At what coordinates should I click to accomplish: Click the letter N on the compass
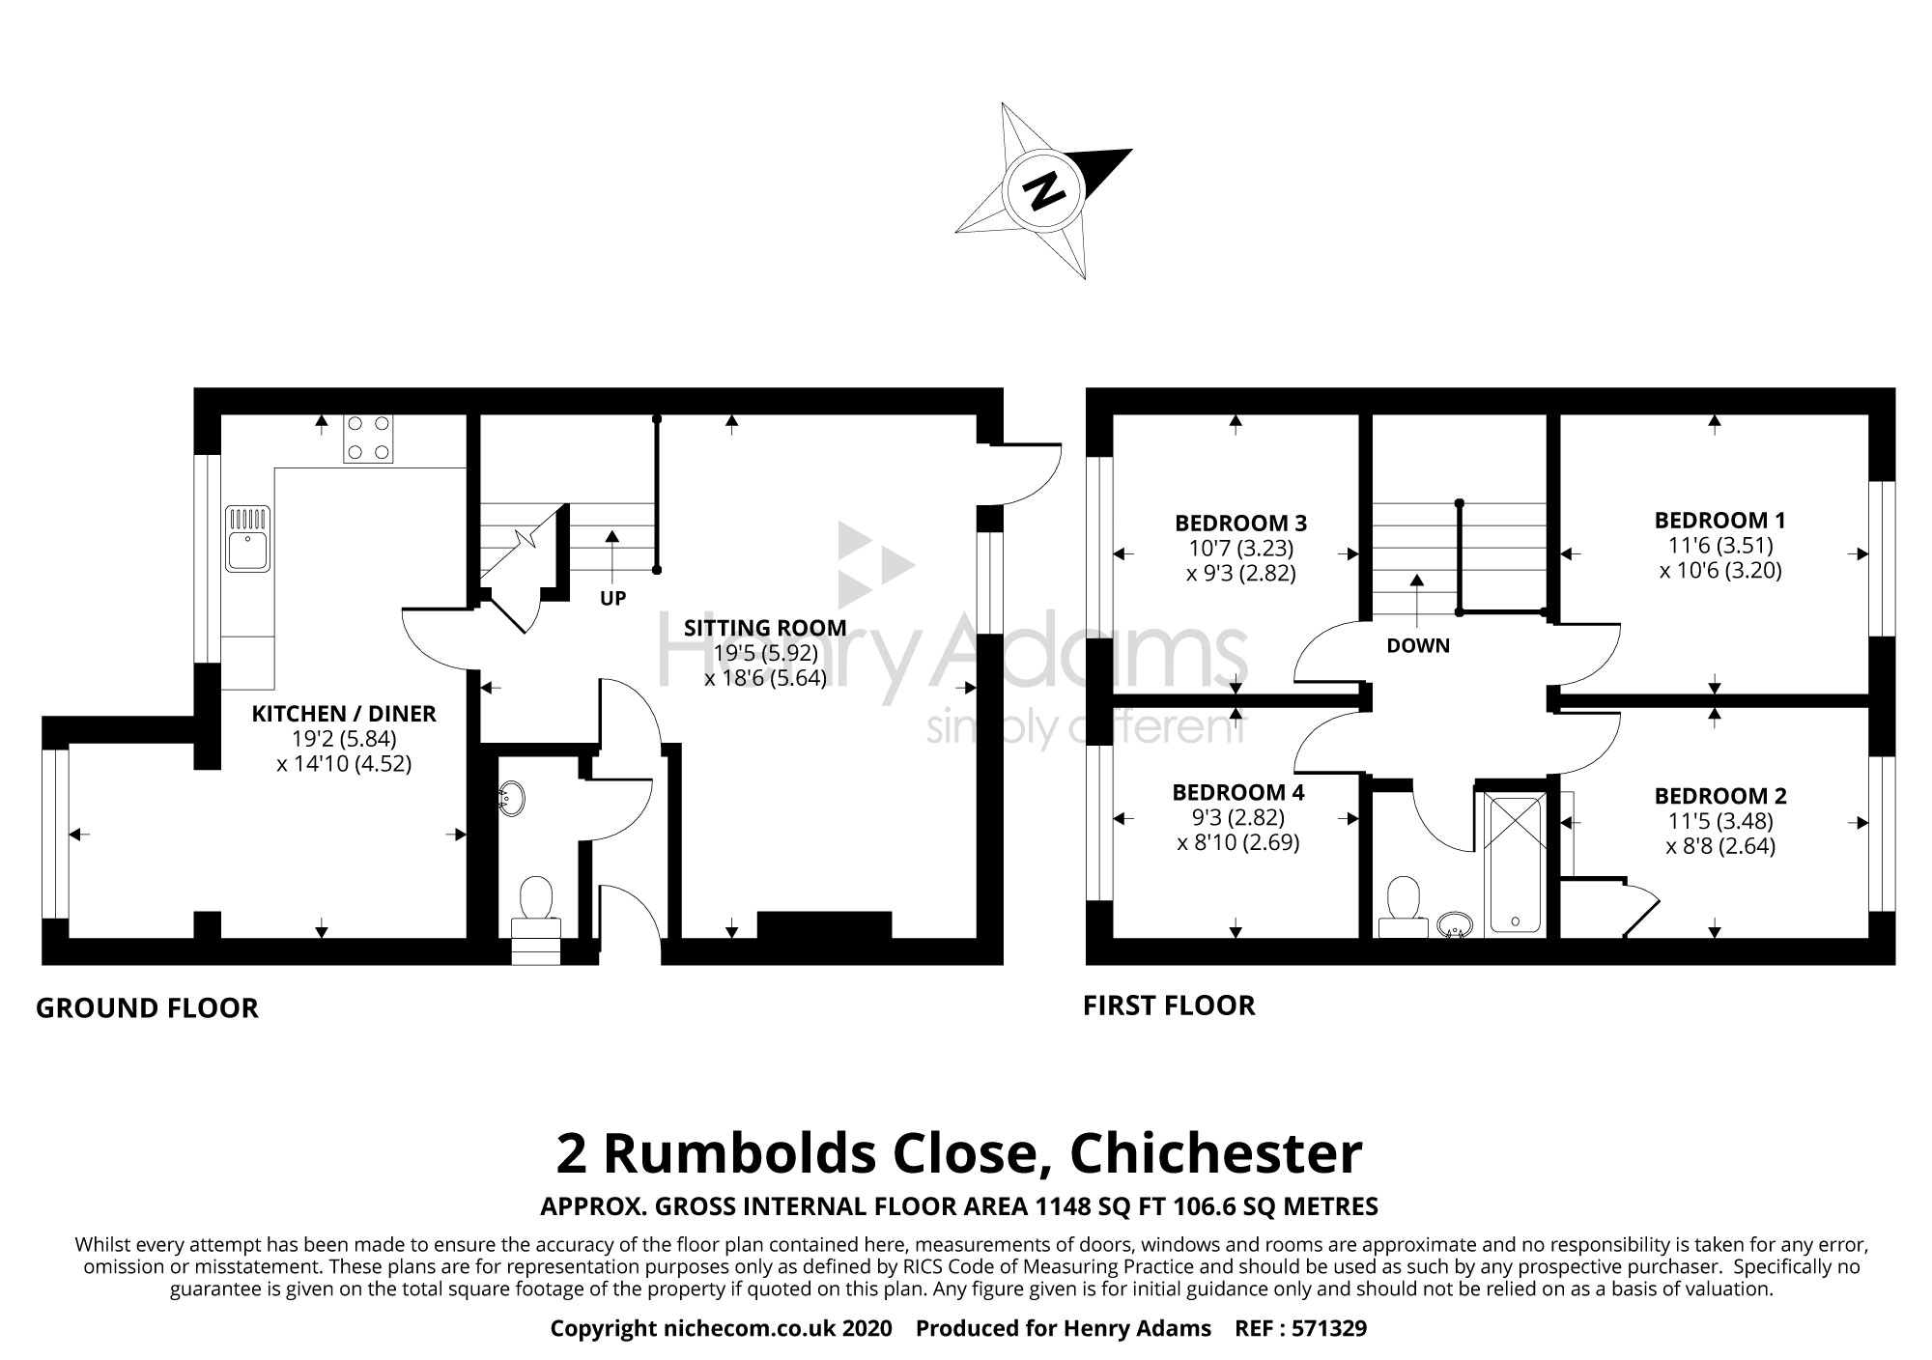pos(1041,191)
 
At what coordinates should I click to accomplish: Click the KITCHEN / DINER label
pos(344,714)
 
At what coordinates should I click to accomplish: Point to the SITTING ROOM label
pos(765,628)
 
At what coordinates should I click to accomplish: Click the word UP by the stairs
pos(612,599)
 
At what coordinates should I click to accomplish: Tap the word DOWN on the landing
pos(1418,646)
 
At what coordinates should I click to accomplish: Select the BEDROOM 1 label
pos(1719,520)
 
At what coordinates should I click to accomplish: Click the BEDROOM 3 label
pos(1240,524)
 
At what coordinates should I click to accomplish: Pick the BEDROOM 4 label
pos(1237,793)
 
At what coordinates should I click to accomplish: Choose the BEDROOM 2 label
pos(1720,796)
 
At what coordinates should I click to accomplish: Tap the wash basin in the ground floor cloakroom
pos(510,800)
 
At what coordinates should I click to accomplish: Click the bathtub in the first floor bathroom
pos(1513,863)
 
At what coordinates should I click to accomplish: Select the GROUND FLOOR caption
pos(147,1008)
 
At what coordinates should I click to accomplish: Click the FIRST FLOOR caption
pos(1169,1006)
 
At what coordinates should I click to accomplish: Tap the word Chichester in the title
pos(1216,1153)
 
